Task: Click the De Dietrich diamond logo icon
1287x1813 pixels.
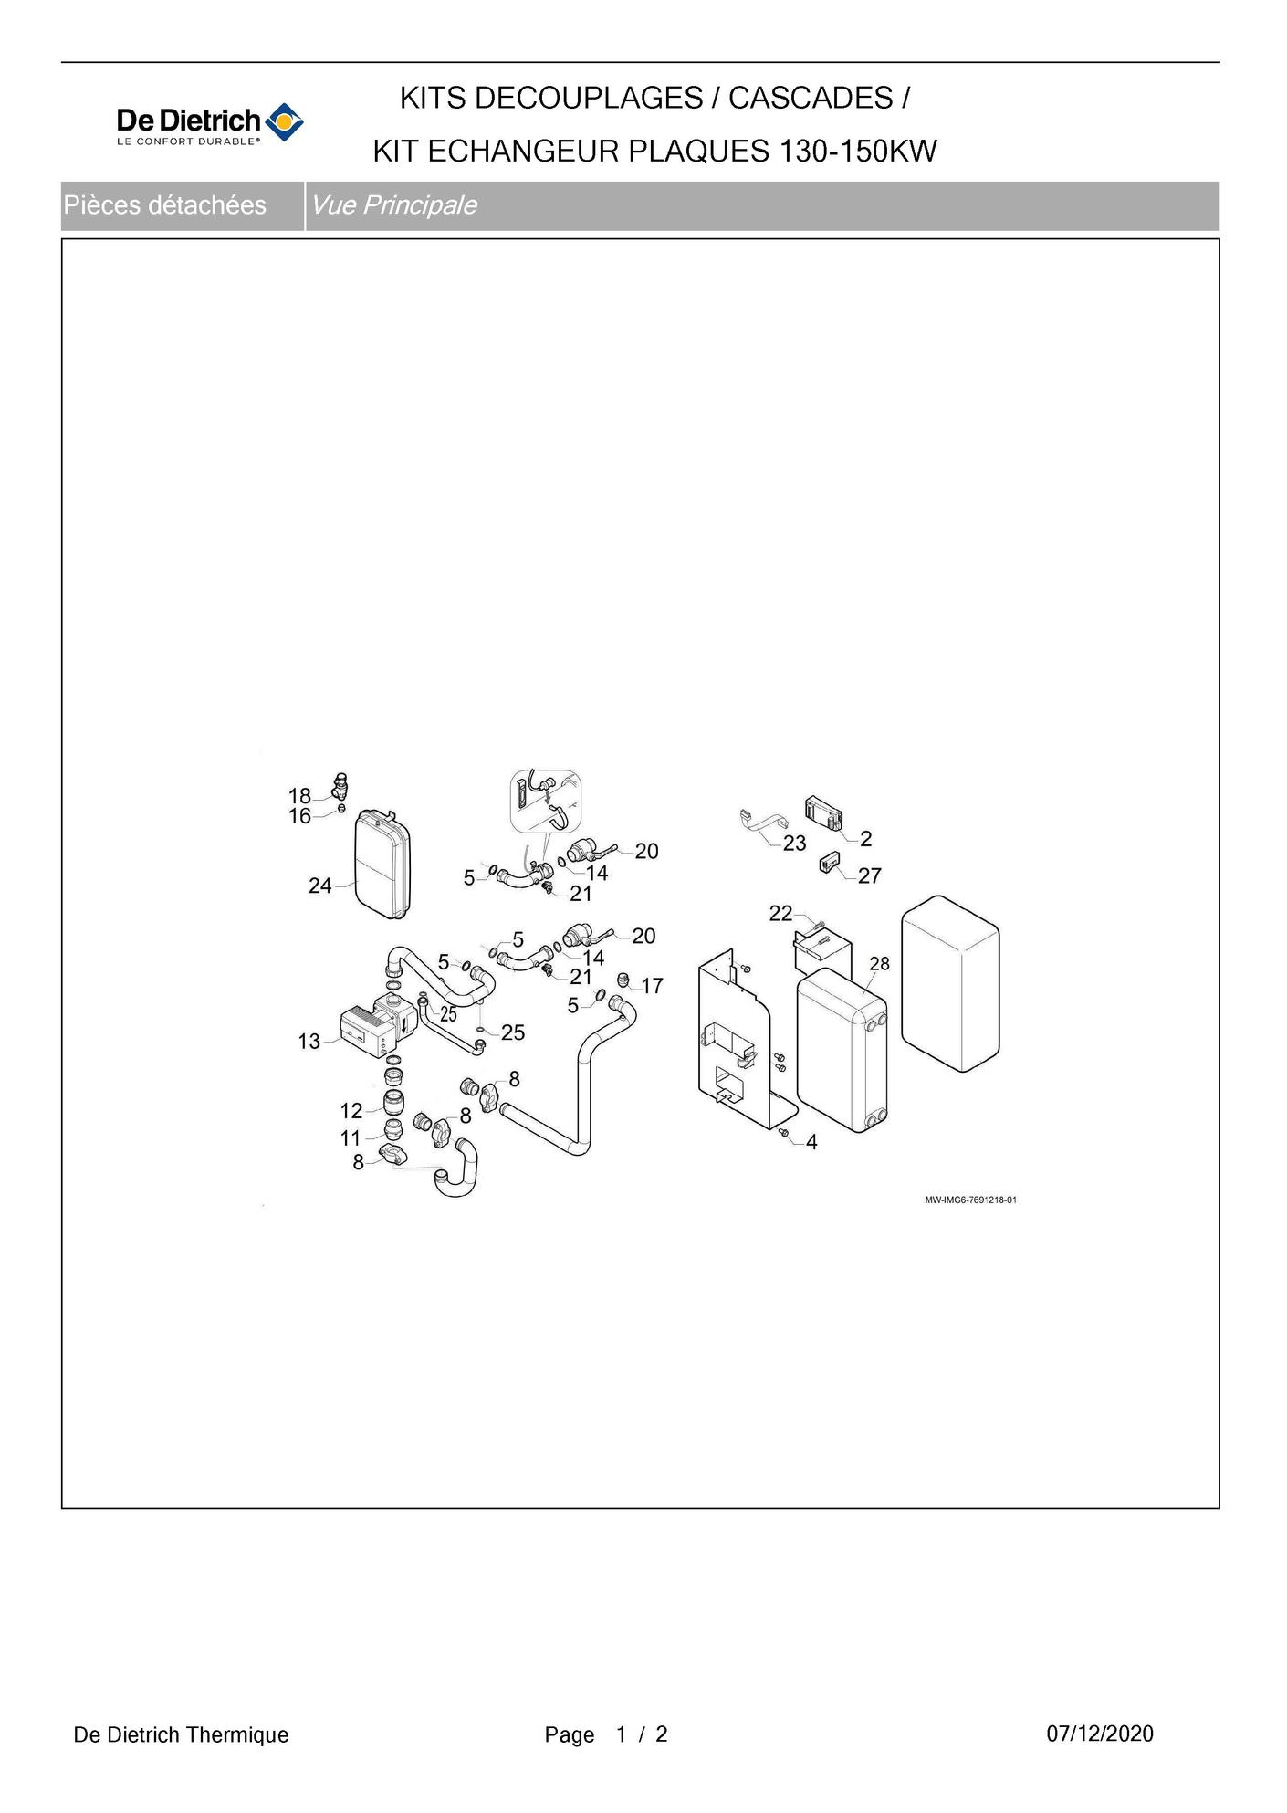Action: tap(284, 121)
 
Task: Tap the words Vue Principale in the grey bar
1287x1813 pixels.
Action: tap(393, 205)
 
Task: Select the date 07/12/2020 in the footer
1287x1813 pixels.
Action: tap(1100, 1734)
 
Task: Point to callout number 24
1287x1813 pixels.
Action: tap(319, 886)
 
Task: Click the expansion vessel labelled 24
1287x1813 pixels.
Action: tap(382, 862)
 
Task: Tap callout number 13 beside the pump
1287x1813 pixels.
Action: tap(309, 1041)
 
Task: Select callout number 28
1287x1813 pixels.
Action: tap(879, 963)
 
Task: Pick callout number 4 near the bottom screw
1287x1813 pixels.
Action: tap(811, 1142)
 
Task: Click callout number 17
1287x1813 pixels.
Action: tap(652, 986)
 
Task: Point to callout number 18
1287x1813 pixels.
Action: tap(299, 796)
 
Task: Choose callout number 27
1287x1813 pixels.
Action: tap(870, 876)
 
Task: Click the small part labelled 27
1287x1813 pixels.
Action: tap(830, 862)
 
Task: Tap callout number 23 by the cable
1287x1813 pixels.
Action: tap(794, 844)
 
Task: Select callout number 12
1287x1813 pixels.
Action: tap(351, 1111)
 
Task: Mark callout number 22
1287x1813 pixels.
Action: tap(780, 913)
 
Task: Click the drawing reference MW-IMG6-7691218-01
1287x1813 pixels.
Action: tap(970, 1200)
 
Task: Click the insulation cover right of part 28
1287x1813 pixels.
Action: tap(950, 982)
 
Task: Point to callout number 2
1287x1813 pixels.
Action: tap(865, 838)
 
